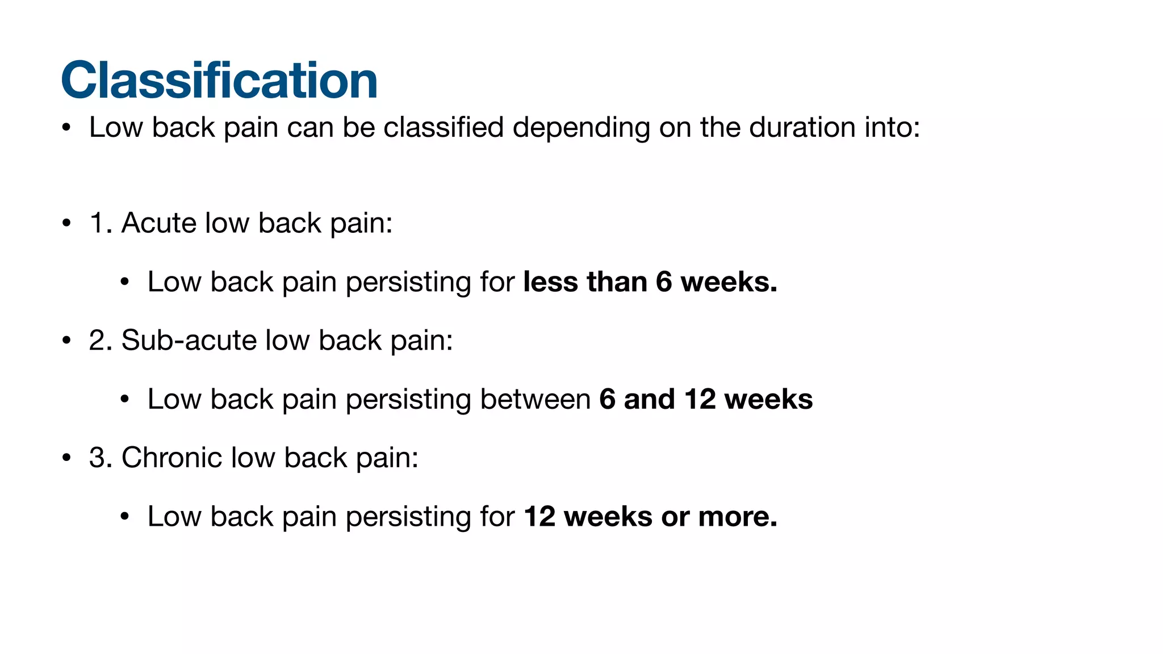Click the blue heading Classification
click(219, 80)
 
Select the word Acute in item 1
click(159, 223)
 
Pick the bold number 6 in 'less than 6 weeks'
click(664, 282)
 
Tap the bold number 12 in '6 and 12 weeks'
click(700, 399)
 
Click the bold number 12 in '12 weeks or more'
click(539, 517)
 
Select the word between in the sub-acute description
click(535, 399)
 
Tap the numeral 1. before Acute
click(101, 223)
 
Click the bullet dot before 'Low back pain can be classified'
click(66, 128)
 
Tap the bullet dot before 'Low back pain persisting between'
click(125, 400)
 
